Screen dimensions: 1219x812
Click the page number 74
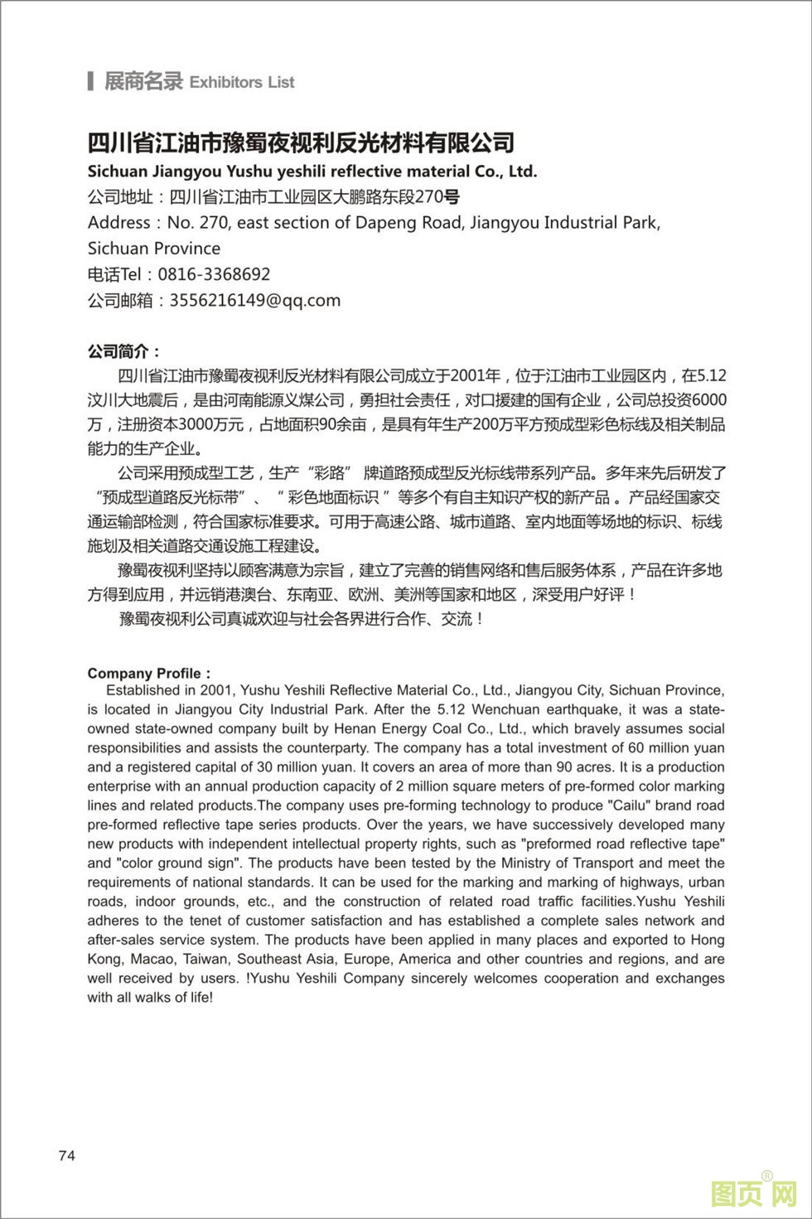67,1155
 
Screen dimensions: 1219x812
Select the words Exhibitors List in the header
241,82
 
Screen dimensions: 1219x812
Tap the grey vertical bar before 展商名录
90,81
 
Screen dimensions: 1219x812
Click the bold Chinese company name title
301,143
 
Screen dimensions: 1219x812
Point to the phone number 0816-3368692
214,274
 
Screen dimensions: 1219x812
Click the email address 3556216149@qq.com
254,300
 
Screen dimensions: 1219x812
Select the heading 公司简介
124,351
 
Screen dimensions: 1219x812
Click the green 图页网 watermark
753,1194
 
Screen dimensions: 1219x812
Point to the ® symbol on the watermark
766,1176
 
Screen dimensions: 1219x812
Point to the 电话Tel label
115,274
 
